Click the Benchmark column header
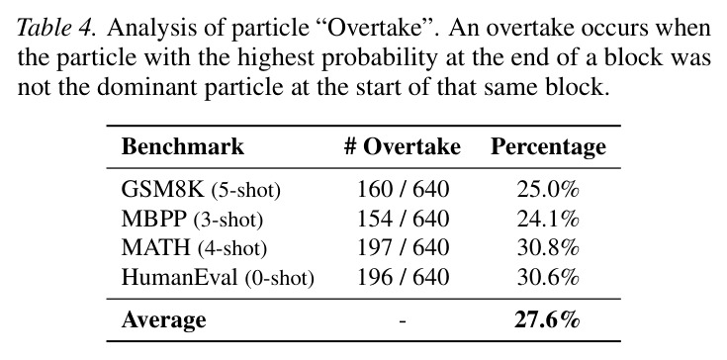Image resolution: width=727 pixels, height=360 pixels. (183, 147)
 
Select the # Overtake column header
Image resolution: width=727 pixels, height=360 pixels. (402, 147)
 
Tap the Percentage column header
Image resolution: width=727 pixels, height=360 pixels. (548, 147)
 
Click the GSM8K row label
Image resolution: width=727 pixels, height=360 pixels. (201, 190)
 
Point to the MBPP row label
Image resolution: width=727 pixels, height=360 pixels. (192, 219)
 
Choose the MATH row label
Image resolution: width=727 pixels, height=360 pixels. (194, 248)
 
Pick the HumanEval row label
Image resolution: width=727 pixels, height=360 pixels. (218, 277)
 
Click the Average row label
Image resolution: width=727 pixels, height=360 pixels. (163, 320)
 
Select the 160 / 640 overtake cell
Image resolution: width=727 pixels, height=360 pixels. (403, 190)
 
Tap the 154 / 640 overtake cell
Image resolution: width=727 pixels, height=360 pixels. (403, 219)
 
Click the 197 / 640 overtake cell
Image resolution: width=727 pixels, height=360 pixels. (403, 248)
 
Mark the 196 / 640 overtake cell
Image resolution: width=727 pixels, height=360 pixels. (403, 277)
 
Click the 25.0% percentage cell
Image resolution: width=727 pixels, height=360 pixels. (548, 190)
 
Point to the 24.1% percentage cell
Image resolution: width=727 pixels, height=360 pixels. (548, 219)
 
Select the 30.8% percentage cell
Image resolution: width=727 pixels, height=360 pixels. (548, 248)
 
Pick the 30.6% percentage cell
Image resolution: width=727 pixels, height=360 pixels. (548, 277)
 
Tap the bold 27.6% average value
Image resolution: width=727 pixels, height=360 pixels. (547, 320)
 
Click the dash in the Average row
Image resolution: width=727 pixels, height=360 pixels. (402, 321)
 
